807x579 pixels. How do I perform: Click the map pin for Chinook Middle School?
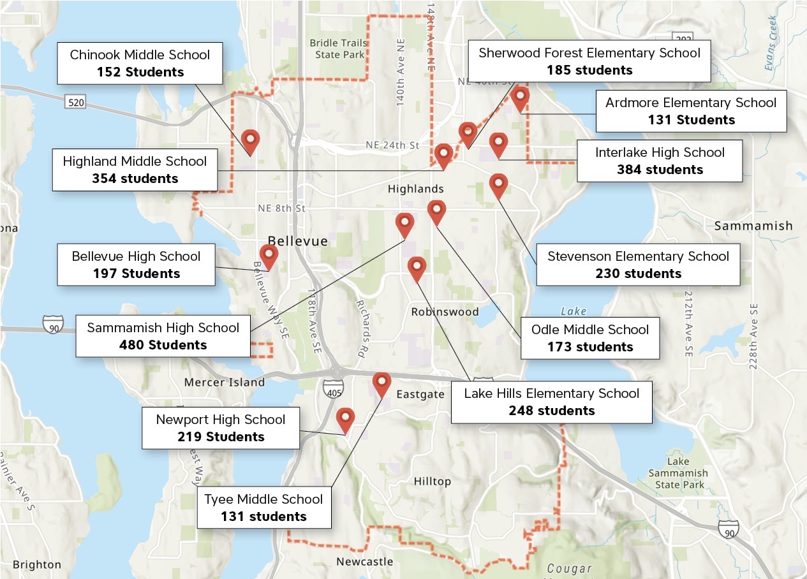251,141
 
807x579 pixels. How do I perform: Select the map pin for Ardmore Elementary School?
521,98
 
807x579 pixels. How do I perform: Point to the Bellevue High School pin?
269,256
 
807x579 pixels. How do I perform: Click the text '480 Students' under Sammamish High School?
163,345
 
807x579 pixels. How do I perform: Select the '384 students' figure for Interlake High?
660,170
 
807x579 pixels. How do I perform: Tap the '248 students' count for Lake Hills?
551,411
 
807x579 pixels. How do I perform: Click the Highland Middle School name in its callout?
135,161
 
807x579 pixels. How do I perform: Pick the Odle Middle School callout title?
590,330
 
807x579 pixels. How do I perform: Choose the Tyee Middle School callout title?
263,499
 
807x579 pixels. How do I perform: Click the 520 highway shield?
75,102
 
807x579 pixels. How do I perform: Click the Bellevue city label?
297,241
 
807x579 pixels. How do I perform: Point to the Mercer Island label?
224,382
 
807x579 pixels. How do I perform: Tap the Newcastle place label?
364,562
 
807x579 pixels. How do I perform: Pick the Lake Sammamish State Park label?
677,473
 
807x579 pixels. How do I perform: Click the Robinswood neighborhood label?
445,312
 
